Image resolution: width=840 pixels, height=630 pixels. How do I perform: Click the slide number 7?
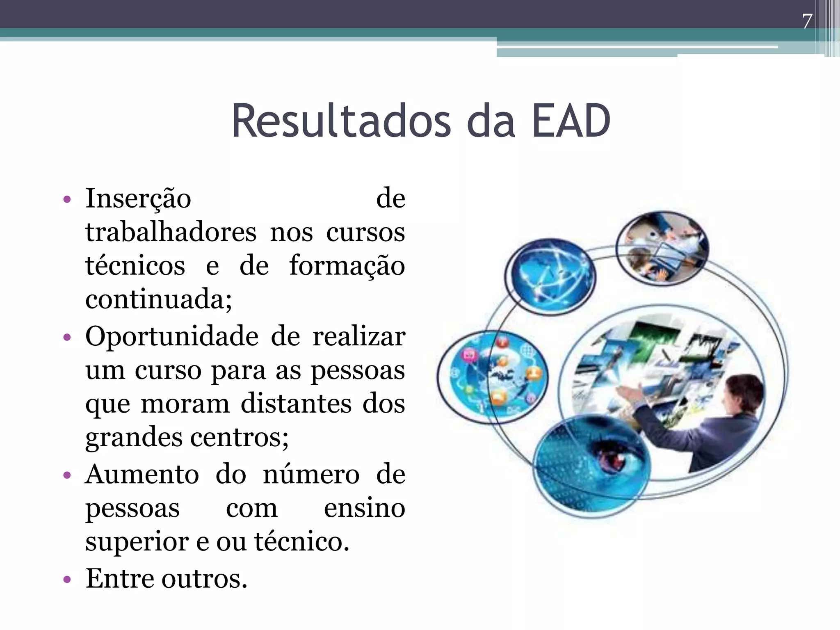pos(807,21)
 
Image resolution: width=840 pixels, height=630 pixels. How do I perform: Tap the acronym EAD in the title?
pos(571,121)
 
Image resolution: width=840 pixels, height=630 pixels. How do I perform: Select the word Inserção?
pos(138,199)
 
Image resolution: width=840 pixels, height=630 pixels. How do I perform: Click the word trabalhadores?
pos(171,233)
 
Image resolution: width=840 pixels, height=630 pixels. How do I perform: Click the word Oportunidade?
pos(171,337)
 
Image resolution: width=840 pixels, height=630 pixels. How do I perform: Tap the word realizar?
pos(359,337)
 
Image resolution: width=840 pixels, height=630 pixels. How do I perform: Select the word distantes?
pos(296,404)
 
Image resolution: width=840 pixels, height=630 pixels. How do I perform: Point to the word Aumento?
pos(142,475)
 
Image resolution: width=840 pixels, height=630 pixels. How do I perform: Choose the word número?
pos(311,475)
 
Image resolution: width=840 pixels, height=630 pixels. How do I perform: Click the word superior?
pos(137,542)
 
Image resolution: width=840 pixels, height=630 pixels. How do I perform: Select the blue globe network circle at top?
pos(550,276)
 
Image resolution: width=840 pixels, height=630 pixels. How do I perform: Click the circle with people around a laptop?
pos(662,247)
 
